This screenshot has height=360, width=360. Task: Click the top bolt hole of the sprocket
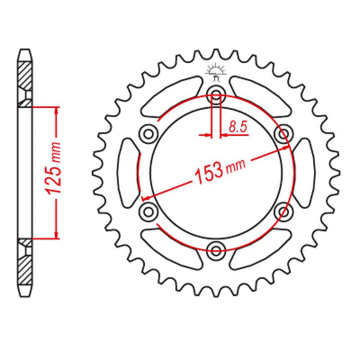pos(216,94)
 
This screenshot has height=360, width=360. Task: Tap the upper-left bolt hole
pos(149,133)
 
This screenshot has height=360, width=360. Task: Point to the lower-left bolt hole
pos(149,211)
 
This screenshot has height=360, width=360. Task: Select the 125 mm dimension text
pos(55,172)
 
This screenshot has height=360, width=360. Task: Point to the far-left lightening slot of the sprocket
pos(128,172)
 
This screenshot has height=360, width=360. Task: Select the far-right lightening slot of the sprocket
pos(304,172)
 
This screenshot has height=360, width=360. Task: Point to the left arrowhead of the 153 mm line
pos(146,198)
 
